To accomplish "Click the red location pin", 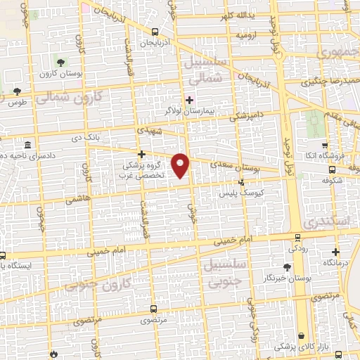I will (181, 165).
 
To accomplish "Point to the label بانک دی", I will (82, 138).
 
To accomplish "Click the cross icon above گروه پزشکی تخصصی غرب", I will (141, 153).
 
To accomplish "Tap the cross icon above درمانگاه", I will (336, 251).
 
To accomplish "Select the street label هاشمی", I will (73, 200).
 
